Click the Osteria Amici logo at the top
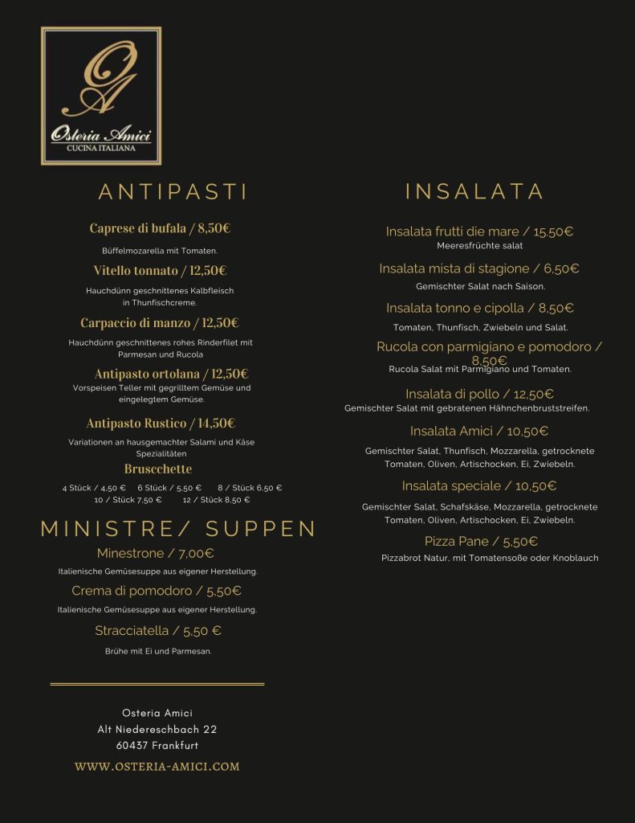[101, 96]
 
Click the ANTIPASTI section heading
[173, 192]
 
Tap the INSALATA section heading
[474, 191]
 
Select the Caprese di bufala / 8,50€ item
[160, 228]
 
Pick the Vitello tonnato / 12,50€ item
[160, 271]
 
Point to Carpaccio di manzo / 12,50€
[160, 323]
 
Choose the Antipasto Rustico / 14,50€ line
[161, 424]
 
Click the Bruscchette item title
[158, 469]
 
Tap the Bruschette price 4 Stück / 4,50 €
[94, 488]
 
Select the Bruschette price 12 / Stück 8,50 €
[216, 500]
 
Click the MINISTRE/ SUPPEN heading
[178, 529]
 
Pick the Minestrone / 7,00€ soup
[156, 554]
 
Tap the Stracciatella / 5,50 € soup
[158, 631]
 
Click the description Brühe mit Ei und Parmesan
[158, 651]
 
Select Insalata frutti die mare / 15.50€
[479, 232]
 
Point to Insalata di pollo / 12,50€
[479, 395]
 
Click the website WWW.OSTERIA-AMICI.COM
[157, 767]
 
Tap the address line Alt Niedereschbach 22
[157, 730]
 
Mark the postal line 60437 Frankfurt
[157, 746]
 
